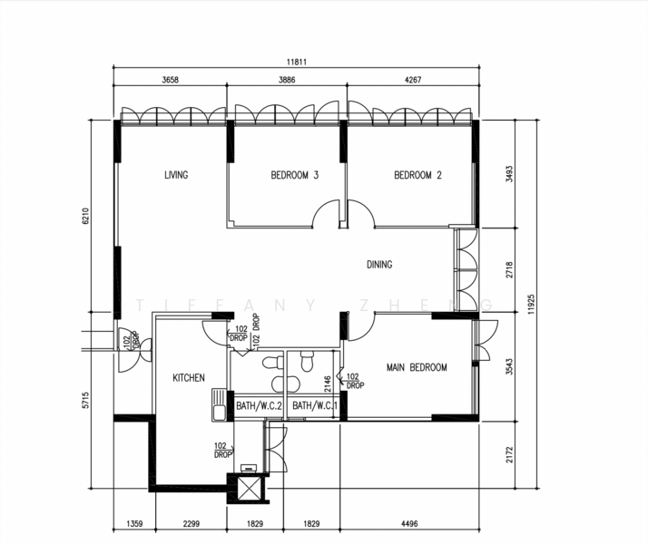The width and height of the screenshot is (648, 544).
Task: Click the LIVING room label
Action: pos(176,175)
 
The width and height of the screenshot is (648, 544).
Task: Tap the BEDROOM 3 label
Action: pos(295,175)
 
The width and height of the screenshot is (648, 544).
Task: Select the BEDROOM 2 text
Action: pos(417,175)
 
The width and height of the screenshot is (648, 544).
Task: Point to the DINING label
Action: pos(379,264)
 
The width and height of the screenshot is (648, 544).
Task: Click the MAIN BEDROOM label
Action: pos(417,367)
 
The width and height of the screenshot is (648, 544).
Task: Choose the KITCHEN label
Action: pos(189,378)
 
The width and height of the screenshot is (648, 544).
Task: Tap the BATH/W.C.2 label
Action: pos(259,405)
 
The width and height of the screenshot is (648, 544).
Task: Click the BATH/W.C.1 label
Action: pos(315,405)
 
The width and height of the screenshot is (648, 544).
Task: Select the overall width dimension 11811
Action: pos(297,62)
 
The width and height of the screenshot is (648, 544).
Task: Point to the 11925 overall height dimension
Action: pos(531,305)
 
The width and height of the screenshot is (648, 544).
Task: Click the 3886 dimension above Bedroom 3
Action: pos(287,80)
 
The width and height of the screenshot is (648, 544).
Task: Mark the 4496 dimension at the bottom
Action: pos(409,524)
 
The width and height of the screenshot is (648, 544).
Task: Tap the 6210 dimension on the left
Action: pos(85,216)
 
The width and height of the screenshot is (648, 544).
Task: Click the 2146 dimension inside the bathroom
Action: pos(328,384)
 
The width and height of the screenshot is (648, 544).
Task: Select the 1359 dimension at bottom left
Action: pos(134,524)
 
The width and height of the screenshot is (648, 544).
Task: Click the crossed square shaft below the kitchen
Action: pos(248,489)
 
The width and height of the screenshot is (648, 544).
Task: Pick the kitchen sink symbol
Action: pos(218,405)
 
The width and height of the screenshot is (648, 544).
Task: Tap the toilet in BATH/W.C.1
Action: pos(307,361)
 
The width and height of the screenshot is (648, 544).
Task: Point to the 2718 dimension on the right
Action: pos(509,269)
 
